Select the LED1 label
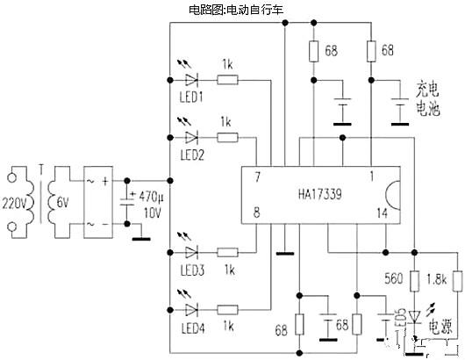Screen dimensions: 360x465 coord(191,97)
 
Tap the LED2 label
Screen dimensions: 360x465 coord(192,155)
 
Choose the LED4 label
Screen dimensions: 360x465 coord(191,328)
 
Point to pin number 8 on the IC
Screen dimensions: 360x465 coord(258,212)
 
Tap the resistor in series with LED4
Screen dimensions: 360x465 coord(228,310)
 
